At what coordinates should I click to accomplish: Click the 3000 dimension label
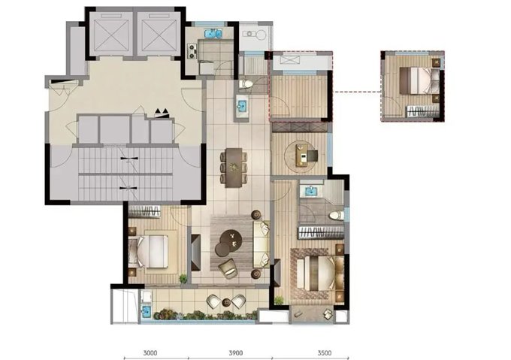tap(150, 352)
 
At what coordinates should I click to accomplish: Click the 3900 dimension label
tap(236, 352)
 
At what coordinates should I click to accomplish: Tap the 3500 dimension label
tap(325, 352)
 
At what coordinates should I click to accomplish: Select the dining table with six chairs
tap(234, 168)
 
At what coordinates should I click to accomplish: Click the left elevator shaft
tap(110, 34)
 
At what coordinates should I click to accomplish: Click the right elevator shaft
tap(159, 34)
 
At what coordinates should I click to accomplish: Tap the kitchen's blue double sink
tap(213, 34)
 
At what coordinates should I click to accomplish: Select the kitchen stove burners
tap(192, 51)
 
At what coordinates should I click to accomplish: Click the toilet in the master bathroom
tap(337, 216)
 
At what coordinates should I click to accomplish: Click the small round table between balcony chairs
tap(226, 303)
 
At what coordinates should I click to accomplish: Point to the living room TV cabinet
tap(196, 253)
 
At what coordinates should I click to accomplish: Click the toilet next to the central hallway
tap(246, 84)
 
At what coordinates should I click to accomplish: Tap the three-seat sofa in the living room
tap(262, 244)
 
